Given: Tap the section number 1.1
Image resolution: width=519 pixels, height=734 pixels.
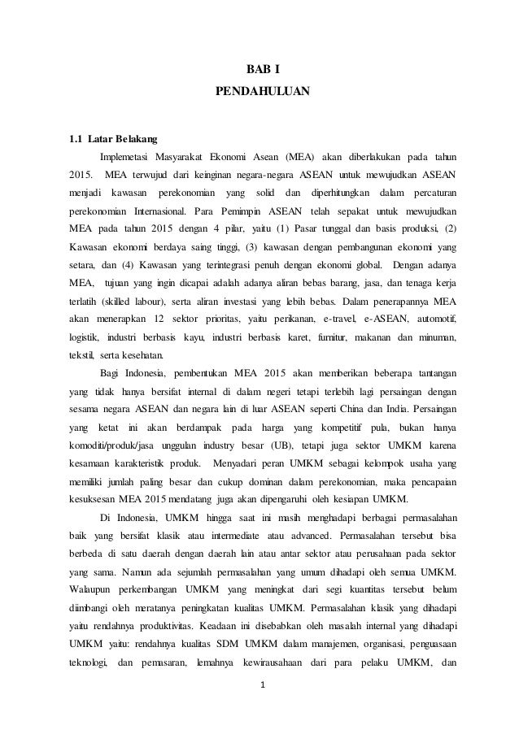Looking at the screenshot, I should [x=76, y=135].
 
